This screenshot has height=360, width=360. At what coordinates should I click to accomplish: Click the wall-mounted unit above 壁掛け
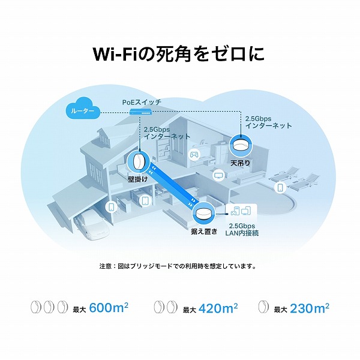point(137,161)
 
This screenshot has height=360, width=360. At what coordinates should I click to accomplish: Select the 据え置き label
point(205,231)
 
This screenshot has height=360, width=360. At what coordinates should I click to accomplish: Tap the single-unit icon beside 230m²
point(263,308)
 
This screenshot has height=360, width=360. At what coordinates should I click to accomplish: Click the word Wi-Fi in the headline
point(116,53)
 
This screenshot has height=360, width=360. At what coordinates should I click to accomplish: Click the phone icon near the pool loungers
point(279,188)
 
